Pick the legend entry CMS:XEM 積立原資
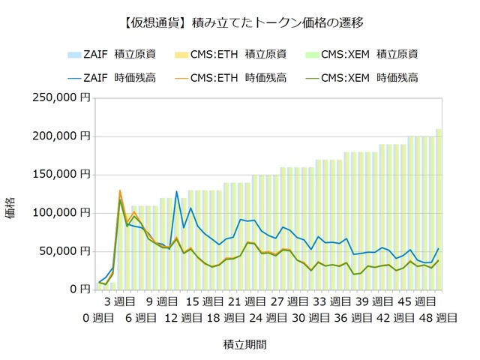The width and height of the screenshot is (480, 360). point(367,54)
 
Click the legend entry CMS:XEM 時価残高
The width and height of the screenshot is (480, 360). point(367,76)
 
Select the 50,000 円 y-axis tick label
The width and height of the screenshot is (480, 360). point(61,250)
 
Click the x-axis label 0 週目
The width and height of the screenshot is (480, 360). point(98,317)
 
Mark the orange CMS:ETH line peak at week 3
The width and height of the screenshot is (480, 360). point(120,190)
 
